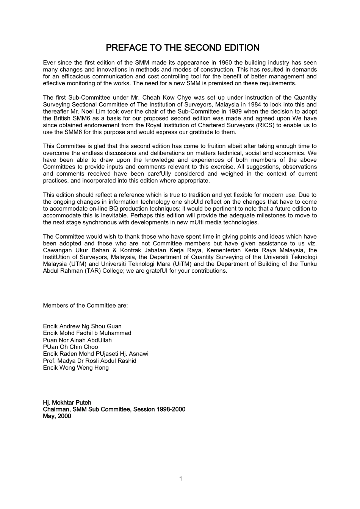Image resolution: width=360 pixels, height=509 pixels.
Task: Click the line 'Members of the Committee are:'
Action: pyautogui.click(x=85, y=305)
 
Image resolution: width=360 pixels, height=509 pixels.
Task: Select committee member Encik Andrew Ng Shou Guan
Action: pyautogui.click(x=82, y=326)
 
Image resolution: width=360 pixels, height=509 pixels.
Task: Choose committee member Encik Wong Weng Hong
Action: pyautogui.click(x=76, y=367)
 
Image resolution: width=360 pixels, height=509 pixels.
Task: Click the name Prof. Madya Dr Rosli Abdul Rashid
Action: pyautogui.click(x=89, y=361)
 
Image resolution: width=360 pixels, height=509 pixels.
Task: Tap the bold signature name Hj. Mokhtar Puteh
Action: pyautogui.click(x=67, y=402)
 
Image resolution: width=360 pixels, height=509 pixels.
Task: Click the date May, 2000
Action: pyautogui.click(x=57, y=416)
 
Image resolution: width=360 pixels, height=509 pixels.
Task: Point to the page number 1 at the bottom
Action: pyautogui.click(x=180, y=478)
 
